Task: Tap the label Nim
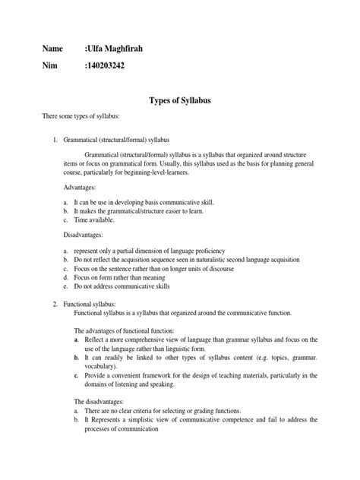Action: [49, 66]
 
